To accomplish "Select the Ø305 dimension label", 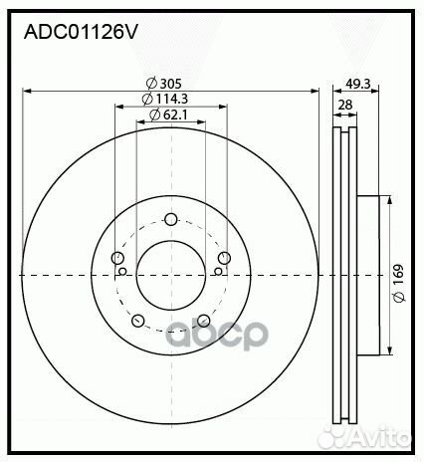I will pyautogui.click(x=164, y=84).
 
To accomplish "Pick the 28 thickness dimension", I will pyautogui.click(x=344, y=105).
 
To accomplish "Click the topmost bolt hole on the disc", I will pyautogui.click(x=170, y=220).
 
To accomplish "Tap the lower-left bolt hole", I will pyautogui.click(x=138, y=321).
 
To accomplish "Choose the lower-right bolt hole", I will pyautogui.click(x=203, y=321).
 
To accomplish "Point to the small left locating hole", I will pyautogui.click(x=122, y=271).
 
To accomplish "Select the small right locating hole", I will pyautogui.click(x=219, y=271).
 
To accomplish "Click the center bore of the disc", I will pyautogui.click(x=170, y=275).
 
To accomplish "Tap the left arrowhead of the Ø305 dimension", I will pyautogui.click(x=27, y=91).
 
